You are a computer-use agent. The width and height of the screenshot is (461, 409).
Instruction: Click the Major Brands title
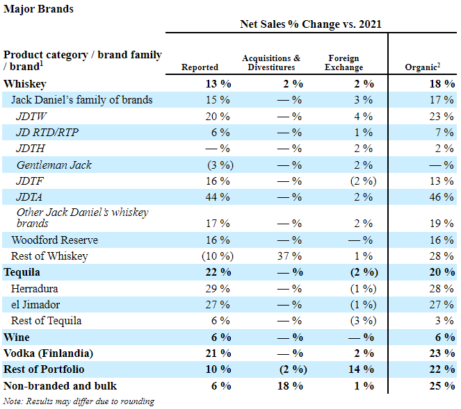38,9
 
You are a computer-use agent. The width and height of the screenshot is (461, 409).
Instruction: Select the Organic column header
423,67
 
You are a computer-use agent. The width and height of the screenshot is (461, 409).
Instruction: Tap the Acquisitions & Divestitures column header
271,62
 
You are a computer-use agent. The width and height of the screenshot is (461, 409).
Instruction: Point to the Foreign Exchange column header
343,62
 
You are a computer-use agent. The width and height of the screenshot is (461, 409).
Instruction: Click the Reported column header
200,67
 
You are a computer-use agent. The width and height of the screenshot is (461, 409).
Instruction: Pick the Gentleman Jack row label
54,165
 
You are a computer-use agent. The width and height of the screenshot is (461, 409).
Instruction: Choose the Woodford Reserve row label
55,240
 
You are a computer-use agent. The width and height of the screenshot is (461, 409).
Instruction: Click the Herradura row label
34,289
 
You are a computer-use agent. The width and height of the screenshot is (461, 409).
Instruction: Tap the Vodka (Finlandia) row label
48,353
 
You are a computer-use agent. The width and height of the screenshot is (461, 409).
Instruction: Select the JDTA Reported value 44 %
218,197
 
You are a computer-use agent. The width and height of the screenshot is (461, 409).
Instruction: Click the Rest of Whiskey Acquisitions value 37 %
289,256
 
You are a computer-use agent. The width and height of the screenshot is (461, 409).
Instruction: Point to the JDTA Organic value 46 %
442,197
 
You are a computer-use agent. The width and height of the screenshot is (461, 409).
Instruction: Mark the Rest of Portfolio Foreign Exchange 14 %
362,369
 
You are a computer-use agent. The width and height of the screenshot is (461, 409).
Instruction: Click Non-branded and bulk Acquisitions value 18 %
290,385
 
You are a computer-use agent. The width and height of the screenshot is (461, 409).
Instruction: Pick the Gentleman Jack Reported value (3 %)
220,165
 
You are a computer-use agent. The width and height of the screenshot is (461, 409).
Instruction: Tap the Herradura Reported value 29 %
218,289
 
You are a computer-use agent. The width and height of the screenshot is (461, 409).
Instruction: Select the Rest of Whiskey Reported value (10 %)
218,256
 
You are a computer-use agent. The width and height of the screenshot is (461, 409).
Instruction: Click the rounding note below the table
79,401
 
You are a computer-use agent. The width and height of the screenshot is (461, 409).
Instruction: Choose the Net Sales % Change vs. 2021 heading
311,24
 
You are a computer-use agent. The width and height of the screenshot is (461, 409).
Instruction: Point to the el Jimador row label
35,304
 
